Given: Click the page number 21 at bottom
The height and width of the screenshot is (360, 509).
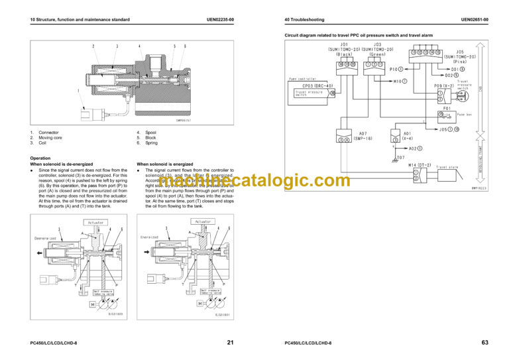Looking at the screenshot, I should [x=230, y=342].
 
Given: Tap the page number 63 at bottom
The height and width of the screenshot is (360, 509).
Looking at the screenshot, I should [x=484, y=342].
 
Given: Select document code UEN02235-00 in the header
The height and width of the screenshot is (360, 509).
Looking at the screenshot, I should [x=219, y=21].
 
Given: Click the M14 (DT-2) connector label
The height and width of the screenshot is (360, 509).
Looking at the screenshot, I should [x=420, y=165].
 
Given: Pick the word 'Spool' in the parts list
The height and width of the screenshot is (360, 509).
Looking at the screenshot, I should [x=151, y=133].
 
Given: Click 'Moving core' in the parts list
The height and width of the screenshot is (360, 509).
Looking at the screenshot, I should [x=52, y=138].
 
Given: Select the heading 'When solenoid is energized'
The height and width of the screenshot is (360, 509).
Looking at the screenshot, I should [x=165, y=164].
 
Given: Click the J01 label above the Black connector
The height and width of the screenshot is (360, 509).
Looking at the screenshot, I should [x=343, y=44].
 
